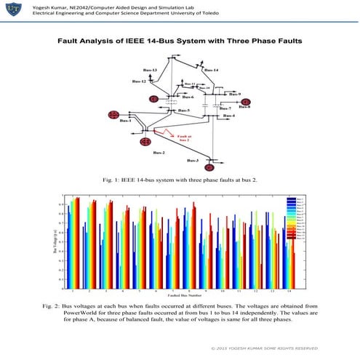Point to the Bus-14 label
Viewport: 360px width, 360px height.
(x=212, y=70)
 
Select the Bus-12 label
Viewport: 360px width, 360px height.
(x=139, y=81)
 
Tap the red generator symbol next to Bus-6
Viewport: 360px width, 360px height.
(x=153, y=97)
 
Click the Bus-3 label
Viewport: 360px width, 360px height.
(x=194, y=160)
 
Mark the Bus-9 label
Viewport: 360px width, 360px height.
(x=234, y=95)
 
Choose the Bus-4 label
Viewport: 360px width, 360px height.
(x=229, y=116)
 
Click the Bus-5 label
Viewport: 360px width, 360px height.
(x=184, y=111)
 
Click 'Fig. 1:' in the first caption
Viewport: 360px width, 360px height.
(x=112, y=179)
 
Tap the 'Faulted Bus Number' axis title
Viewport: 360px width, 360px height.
(x=179, y=295)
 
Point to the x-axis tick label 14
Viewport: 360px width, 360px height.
(x=289, y=289)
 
